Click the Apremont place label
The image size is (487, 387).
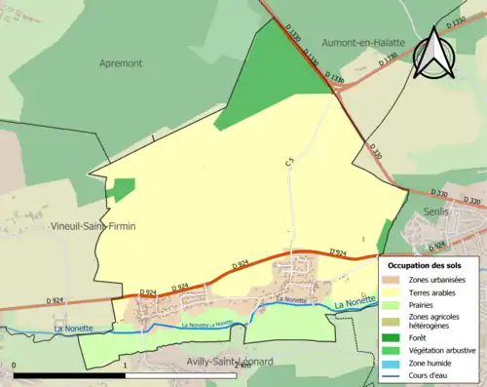click(x=121, y=62)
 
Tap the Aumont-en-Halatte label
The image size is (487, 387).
click(x=363, y=44)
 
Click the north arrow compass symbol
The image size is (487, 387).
click(x=432, y=54)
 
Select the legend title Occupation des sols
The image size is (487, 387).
click(x=426, y=265)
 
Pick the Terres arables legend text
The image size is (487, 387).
click(x=434, y=290)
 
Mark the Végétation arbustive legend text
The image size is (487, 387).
click(x=443, y=349)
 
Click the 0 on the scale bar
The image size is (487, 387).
click(x=14, y=366)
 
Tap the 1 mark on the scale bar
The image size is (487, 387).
click(x=125, y=366)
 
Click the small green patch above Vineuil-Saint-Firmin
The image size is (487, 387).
click(x=122, y=189)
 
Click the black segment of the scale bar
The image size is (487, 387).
click(x=69, y=375)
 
